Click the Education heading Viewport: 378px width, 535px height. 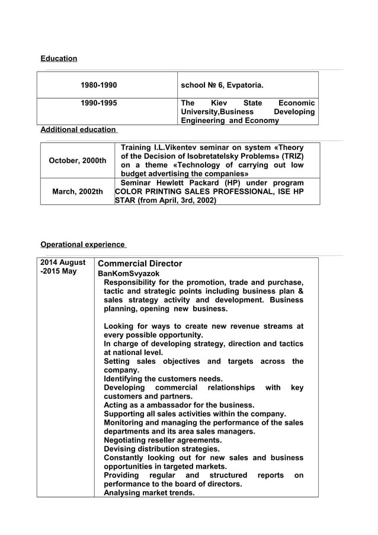59,59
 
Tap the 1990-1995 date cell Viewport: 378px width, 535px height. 99,103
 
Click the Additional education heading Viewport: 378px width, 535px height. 78,129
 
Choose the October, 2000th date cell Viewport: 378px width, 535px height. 78,161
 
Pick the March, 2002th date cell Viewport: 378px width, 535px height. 78,191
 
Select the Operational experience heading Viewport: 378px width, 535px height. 82,245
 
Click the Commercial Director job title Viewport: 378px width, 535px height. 140,264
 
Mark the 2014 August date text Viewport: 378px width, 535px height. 62,262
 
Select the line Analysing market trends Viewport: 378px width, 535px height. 149,492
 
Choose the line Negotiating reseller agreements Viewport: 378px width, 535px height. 163,440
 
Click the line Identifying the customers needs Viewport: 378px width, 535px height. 163,379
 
